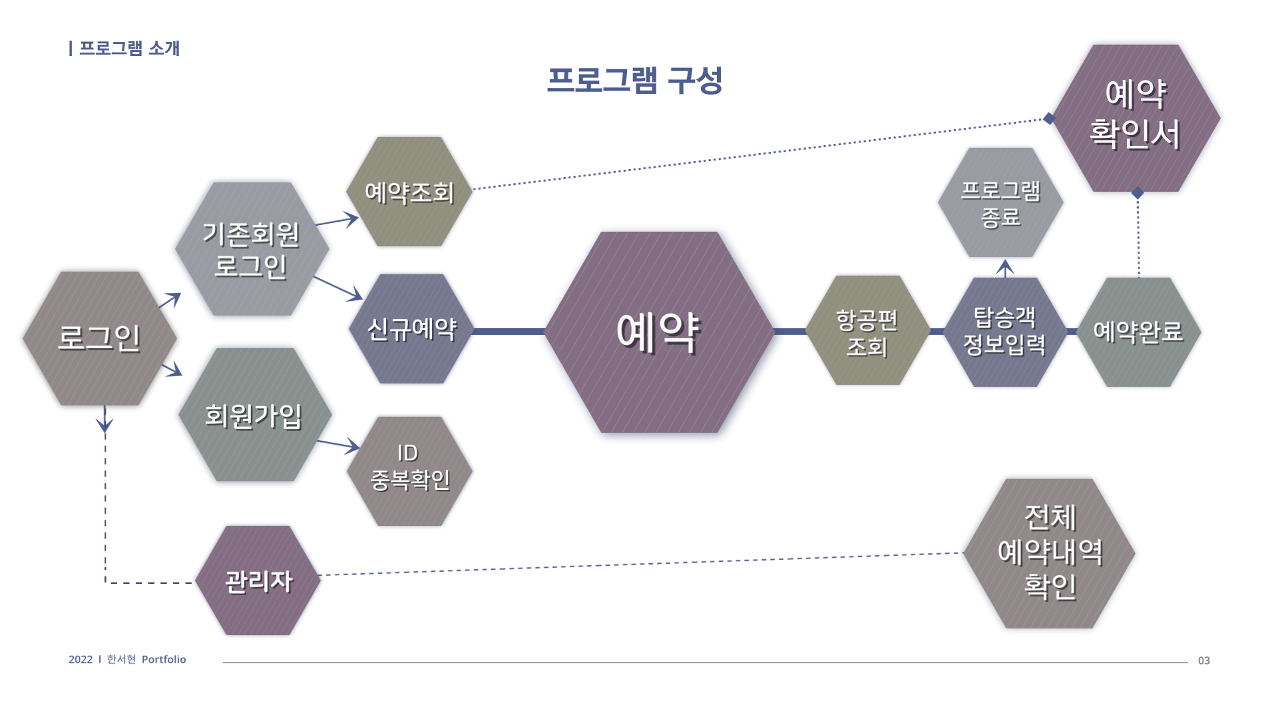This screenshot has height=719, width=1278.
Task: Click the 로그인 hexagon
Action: [x=100, y=338]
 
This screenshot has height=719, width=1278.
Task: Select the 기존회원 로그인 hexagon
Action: [x=252, y=249]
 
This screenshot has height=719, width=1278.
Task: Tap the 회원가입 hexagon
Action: [x=254, y=415]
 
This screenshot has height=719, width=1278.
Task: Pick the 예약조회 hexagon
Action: [x=409, y=192]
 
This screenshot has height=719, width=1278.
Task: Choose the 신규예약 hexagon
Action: [x=411, y=329]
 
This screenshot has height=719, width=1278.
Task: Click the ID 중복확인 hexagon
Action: [x=409, y=471]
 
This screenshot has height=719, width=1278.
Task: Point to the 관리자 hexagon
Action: [x=258, y=581]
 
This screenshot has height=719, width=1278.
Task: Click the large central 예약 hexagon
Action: [x=659, y=332]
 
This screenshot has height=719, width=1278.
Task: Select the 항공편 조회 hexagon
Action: [x=867, y=330]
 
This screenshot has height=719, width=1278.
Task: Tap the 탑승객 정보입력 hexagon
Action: [x=1005, y=332]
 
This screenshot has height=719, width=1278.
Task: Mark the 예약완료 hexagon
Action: [x=1138, y=332]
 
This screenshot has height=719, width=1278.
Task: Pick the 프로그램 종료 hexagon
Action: [x=1000, y=202]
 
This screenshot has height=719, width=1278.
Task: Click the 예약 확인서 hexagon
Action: [x=1136, y=118]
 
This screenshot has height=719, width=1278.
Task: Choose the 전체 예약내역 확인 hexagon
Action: [x=1049, y=553]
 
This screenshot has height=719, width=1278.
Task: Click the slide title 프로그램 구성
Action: [x=634, y=80]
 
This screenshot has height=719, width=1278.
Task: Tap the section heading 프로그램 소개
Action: [x=129, y=49]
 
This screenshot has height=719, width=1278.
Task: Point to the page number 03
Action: [x=1203, y=660]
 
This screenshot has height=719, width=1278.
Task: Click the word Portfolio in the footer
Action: [x=164, y=659]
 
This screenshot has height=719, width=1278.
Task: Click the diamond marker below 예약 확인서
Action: [x=1138, y=193]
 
